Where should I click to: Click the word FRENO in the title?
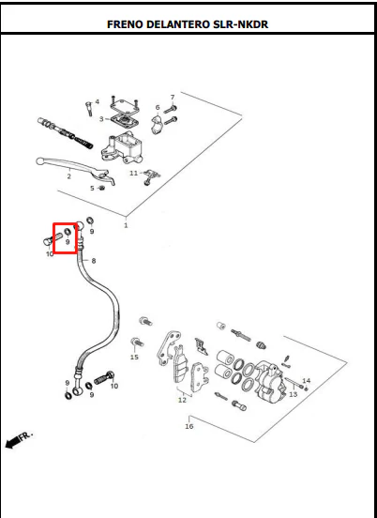pos(125,24)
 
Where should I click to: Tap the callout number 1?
pos(126,225)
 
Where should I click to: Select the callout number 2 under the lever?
pos(68,176)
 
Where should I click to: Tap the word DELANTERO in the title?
pos(178,24)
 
